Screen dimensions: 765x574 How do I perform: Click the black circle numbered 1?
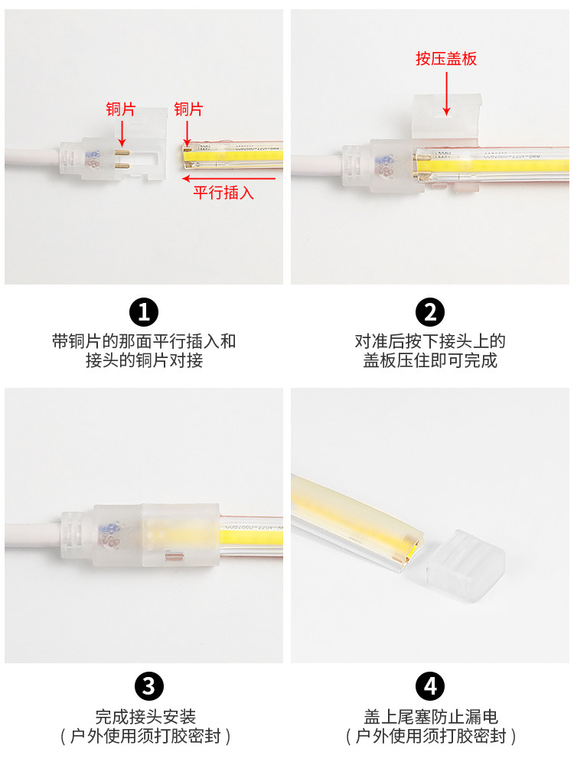(x=143, y=312)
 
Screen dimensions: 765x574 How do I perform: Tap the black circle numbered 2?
(x=430, y=312)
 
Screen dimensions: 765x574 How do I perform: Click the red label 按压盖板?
(x=446, y=59)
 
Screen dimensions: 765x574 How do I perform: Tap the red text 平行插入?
(x=223, y=193)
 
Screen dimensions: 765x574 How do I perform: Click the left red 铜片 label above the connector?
(x=120, y=109)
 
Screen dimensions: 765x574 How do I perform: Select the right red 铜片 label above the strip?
(x=188, y=109)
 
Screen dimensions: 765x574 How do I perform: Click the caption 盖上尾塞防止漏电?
(x=430, y=717)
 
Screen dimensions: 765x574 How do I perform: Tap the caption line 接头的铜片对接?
(x=144, y=360)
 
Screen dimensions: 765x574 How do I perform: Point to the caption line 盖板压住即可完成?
(x=430, y=360)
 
